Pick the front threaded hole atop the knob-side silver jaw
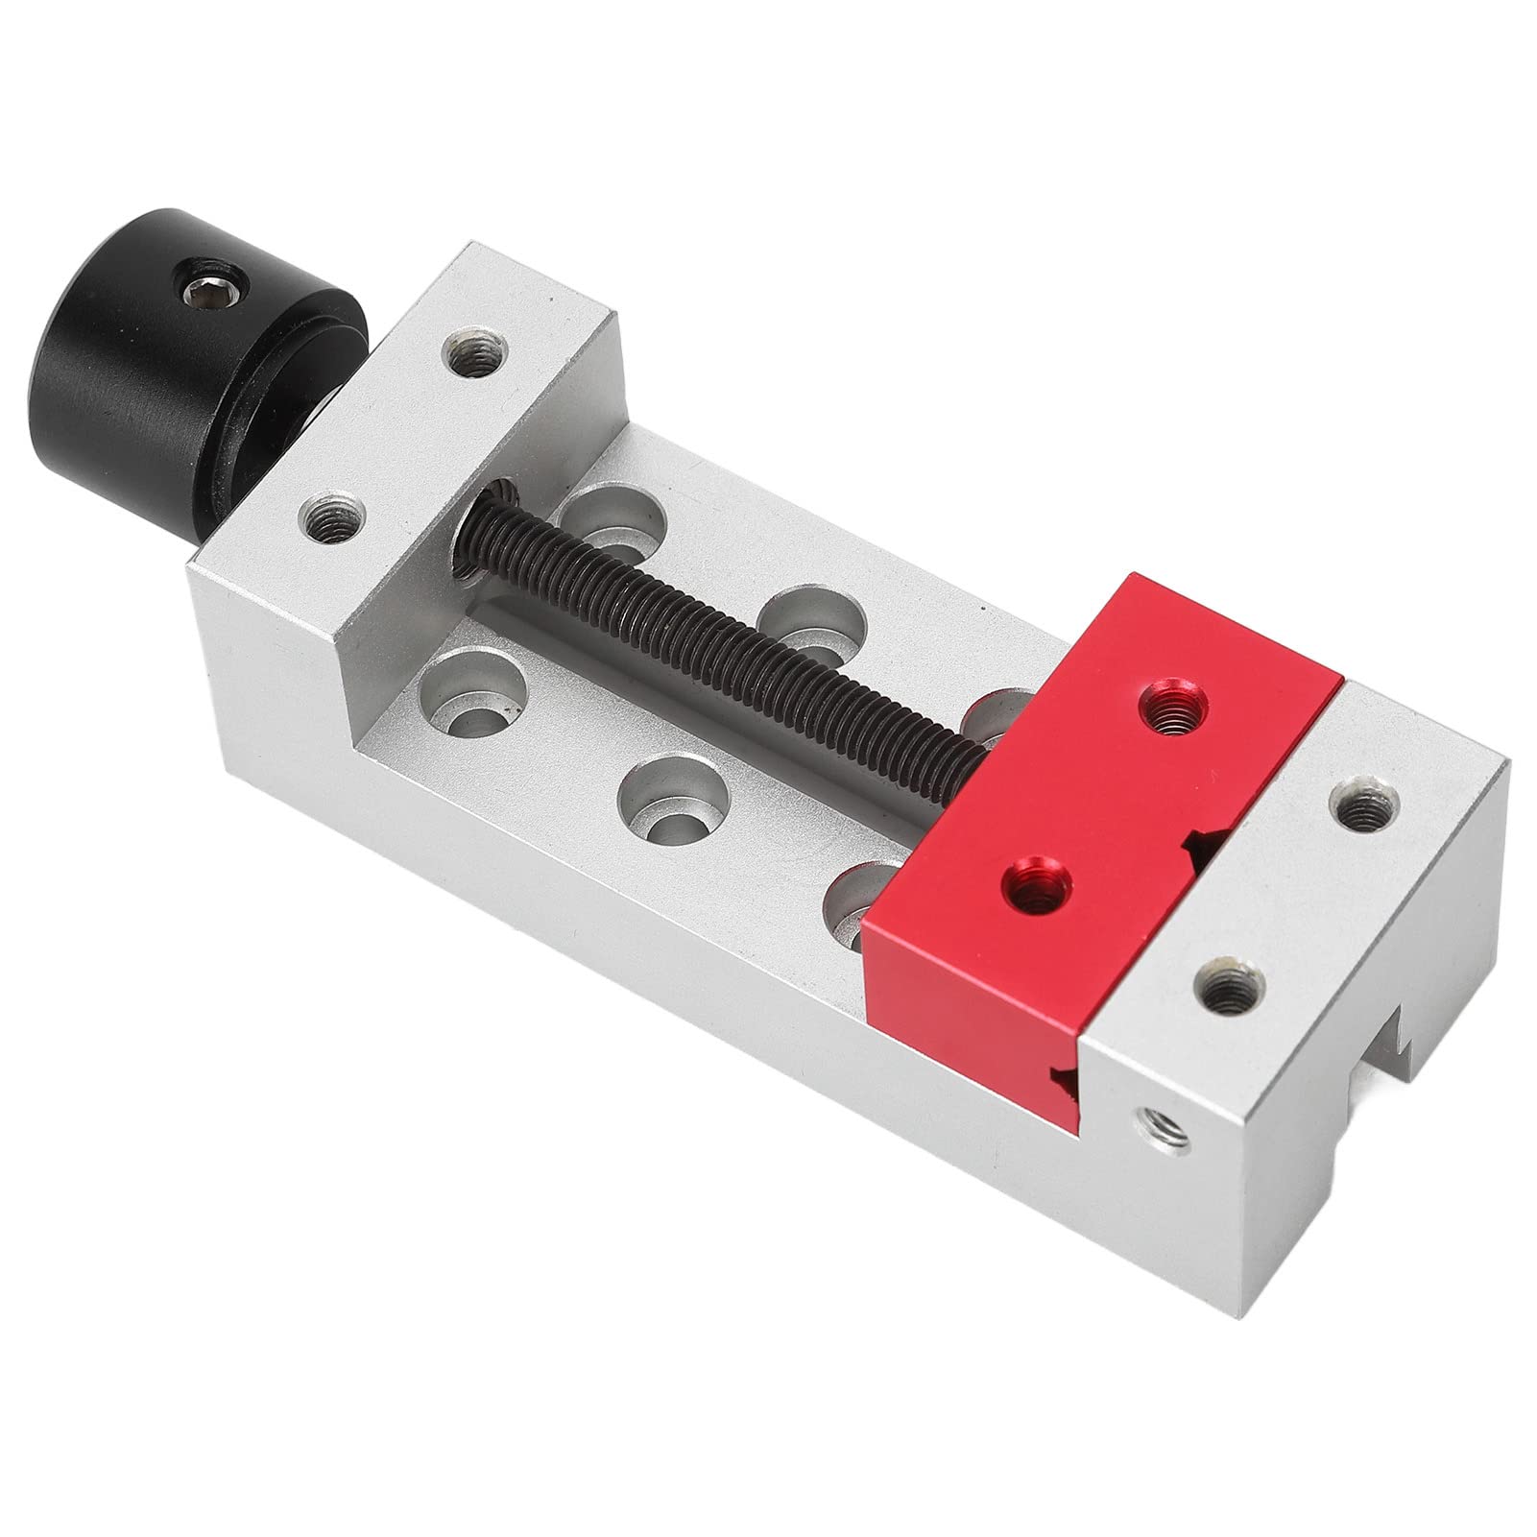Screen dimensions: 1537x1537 [x=332, y=519]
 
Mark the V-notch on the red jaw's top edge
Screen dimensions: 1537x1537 [x=1200, y=841]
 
